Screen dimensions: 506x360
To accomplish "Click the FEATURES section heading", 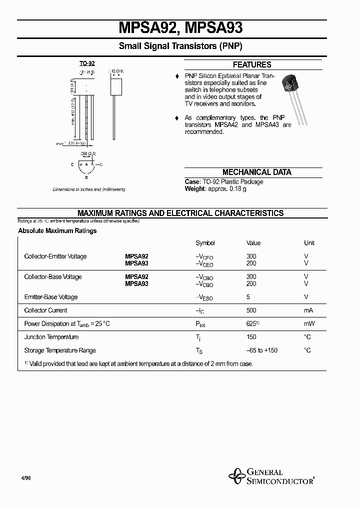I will coord(252,64).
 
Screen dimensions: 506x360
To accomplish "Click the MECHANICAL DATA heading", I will coord(256,172).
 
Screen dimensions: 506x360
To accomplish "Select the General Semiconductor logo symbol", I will coord(236,476).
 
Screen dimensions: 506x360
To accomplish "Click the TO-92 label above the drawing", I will coord(87,64).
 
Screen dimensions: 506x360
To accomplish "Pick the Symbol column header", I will coord(205,243).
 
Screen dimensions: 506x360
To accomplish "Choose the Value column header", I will coord(253,243).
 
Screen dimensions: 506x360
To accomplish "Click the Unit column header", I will coord(309,243).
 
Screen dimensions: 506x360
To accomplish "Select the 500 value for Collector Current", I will coord(251,310).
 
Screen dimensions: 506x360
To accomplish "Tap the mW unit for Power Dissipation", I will coord(309,324).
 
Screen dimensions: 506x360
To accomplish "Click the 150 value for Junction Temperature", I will coord(251,337).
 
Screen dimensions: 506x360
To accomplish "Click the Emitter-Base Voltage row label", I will coord(51,297).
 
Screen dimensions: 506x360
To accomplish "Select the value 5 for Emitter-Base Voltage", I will coord(248,297).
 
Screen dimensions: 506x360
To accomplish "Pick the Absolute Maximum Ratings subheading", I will coord(57,231).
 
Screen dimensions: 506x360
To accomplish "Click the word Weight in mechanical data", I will coord(195,188).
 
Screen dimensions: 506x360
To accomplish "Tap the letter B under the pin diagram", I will coord(86,177).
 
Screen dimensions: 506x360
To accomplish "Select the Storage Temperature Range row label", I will coord(60,350).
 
